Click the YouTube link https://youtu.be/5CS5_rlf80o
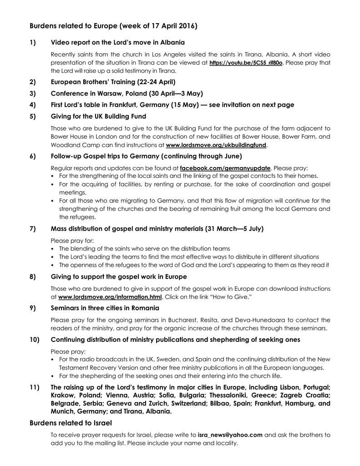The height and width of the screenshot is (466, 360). click(x=246, y=62)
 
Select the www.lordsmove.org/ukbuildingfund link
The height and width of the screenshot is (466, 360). click(x=216, y=146)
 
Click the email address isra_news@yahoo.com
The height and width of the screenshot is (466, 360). click(x=230, y=435)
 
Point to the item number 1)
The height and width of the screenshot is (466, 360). click(x=33, y=43)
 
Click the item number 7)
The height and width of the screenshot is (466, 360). click(x=33, y=228)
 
